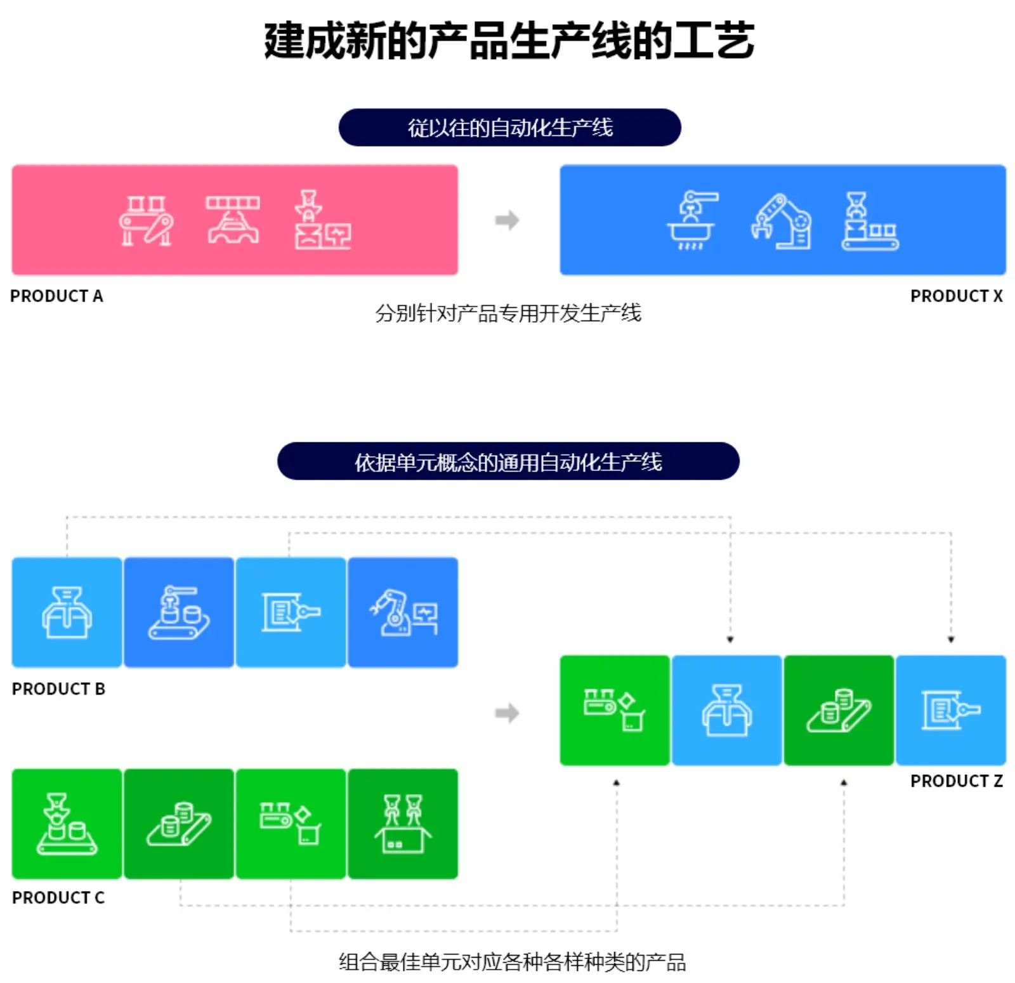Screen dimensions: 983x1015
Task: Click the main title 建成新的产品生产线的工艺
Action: [x=509, y=41]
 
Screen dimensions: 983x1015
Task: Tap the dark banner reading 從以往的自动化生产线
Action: [x=509, y=128]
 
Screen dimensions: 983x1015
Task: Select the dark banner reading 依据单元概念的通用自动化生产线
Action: [x=508, y=461]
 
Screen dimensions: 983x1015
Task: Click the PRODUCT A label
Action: [x=56, y=296]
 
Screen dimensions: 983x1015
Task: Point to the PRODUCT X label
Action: [x=956, y=296]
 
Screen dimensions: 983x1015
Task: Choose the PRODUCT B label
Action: [x=58, y=689]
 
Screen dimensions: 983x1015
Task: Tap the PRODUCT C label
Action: [x=58, y=897]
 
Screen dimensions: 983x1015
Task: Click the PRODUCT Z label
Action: [x=956, y=781]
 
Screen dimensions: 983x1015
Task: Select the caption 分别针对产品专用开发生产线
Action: [x=508, y=313]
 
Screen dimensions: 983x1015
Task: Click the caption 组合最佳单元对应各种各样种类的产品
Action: [x=512, y=962]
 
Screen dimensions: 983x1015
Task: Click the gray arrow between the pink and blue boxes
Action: [x=507, y=220]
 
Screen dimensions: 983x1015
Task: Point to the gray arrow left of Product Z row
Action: [x=507, y=713]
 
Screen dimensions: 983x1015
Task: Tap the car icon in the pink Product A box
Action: [x=233, y=220]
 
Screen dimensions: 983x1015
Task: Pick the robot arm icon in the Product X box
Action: [x=781, y=221]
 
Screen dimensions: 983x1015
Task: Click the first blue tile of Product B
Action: [x=67, y=612]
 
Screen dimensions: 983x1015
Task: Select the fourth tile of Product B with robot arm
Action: [x=403, y=612]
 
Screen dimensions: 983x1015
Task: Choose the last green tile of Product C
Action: [x=403, y=824]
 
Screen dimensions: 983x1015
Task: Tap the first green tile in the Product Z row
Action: [x=615, y=710]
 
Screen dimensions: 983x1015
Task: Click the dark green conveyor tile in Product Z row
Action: [x=839, y=710]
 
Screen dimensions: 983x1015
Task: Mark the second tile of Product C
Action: [x=179, y=824]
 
